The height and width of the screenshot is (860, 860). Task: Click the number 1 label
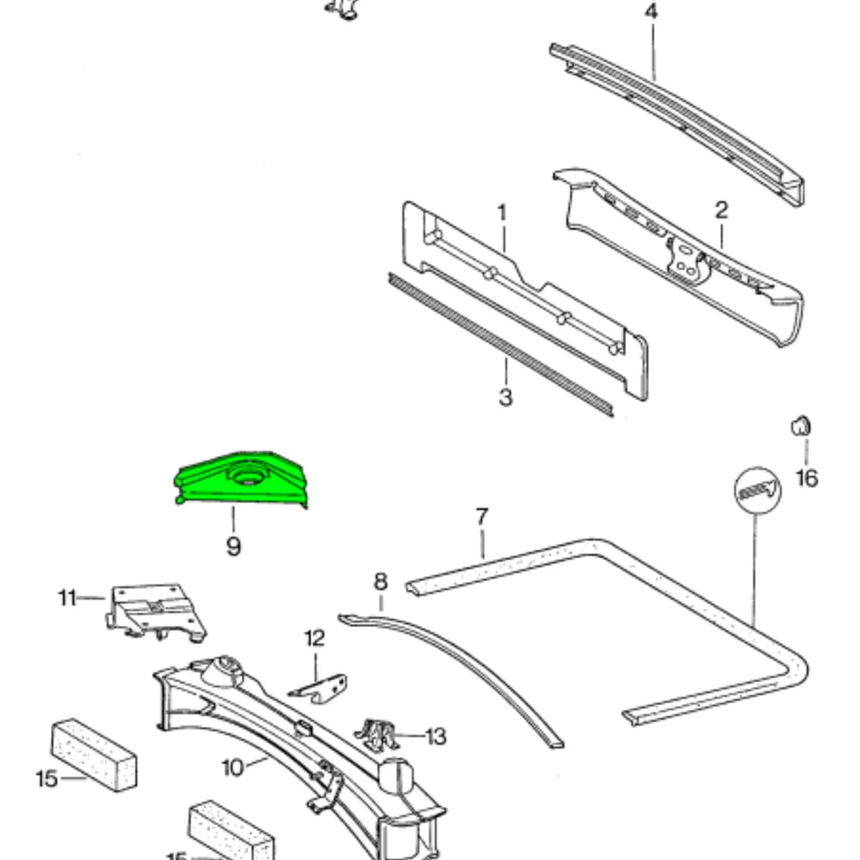coord(501,212)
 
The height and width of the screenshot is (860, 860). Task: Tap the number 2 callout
coord(721,210)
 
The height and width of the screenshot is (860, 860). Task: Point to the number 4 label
coord(651,13)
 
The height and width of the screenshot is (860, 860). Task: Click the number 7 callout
coord(481,517)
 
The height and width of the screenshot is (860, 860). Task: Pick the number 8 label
coord(381,581)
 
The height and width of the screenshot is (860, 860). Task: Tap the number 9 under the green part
coord(233,547)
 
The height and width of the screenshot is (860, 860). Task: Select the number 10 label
coord(232,767)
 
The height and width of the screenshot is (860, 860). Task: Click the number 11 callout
coord(67,598)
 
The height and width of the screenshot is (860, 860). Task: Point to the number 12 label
coord(315,638)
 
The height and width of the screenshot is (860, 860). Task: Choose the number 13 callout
coord(435,736)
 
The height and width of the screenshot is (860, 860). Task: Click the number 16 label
coord(806,478)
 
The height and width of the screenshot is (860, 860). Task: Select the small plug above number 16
coord(801,425)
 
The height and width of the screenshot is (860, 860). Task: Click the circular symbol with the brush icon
coord(758,492)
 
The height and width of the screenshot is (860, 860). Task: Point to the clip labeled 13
coord(378,733)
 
